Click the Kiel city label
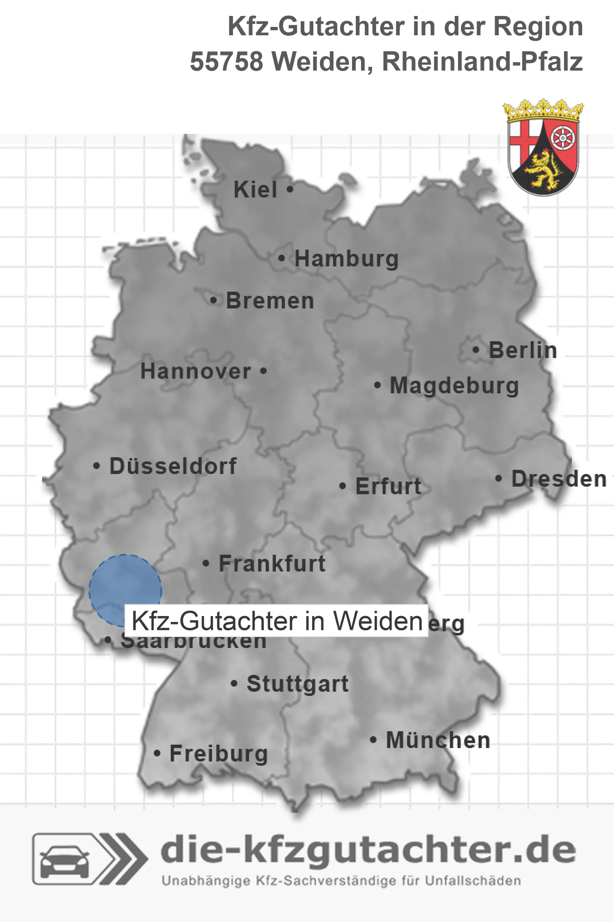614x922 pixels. (255, 190)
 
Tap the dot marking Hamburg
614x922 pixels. (282, 258)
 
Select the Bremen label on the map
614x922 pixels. (270, 301)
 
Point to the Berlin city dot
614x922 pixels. (476, 350)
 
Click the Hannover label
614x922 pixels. (196, 371)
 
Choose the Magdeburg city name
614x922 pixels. (454, 386)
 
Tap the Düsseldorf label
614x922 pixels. (173, 466)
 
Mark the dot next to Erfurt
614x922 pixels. (343, 486)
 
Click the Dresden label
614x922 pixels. (559, 479)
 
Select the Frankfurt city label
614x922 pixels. (272, 564)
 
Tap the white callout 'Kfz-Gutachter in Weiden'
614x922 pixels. (277, 621)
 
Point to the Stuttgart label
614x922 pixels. (297, 684)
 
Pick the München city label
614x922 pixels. (438, 740)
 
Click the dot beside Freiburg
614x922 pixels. (157, 753)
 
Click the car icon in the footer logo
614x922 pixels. (64, 859)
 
